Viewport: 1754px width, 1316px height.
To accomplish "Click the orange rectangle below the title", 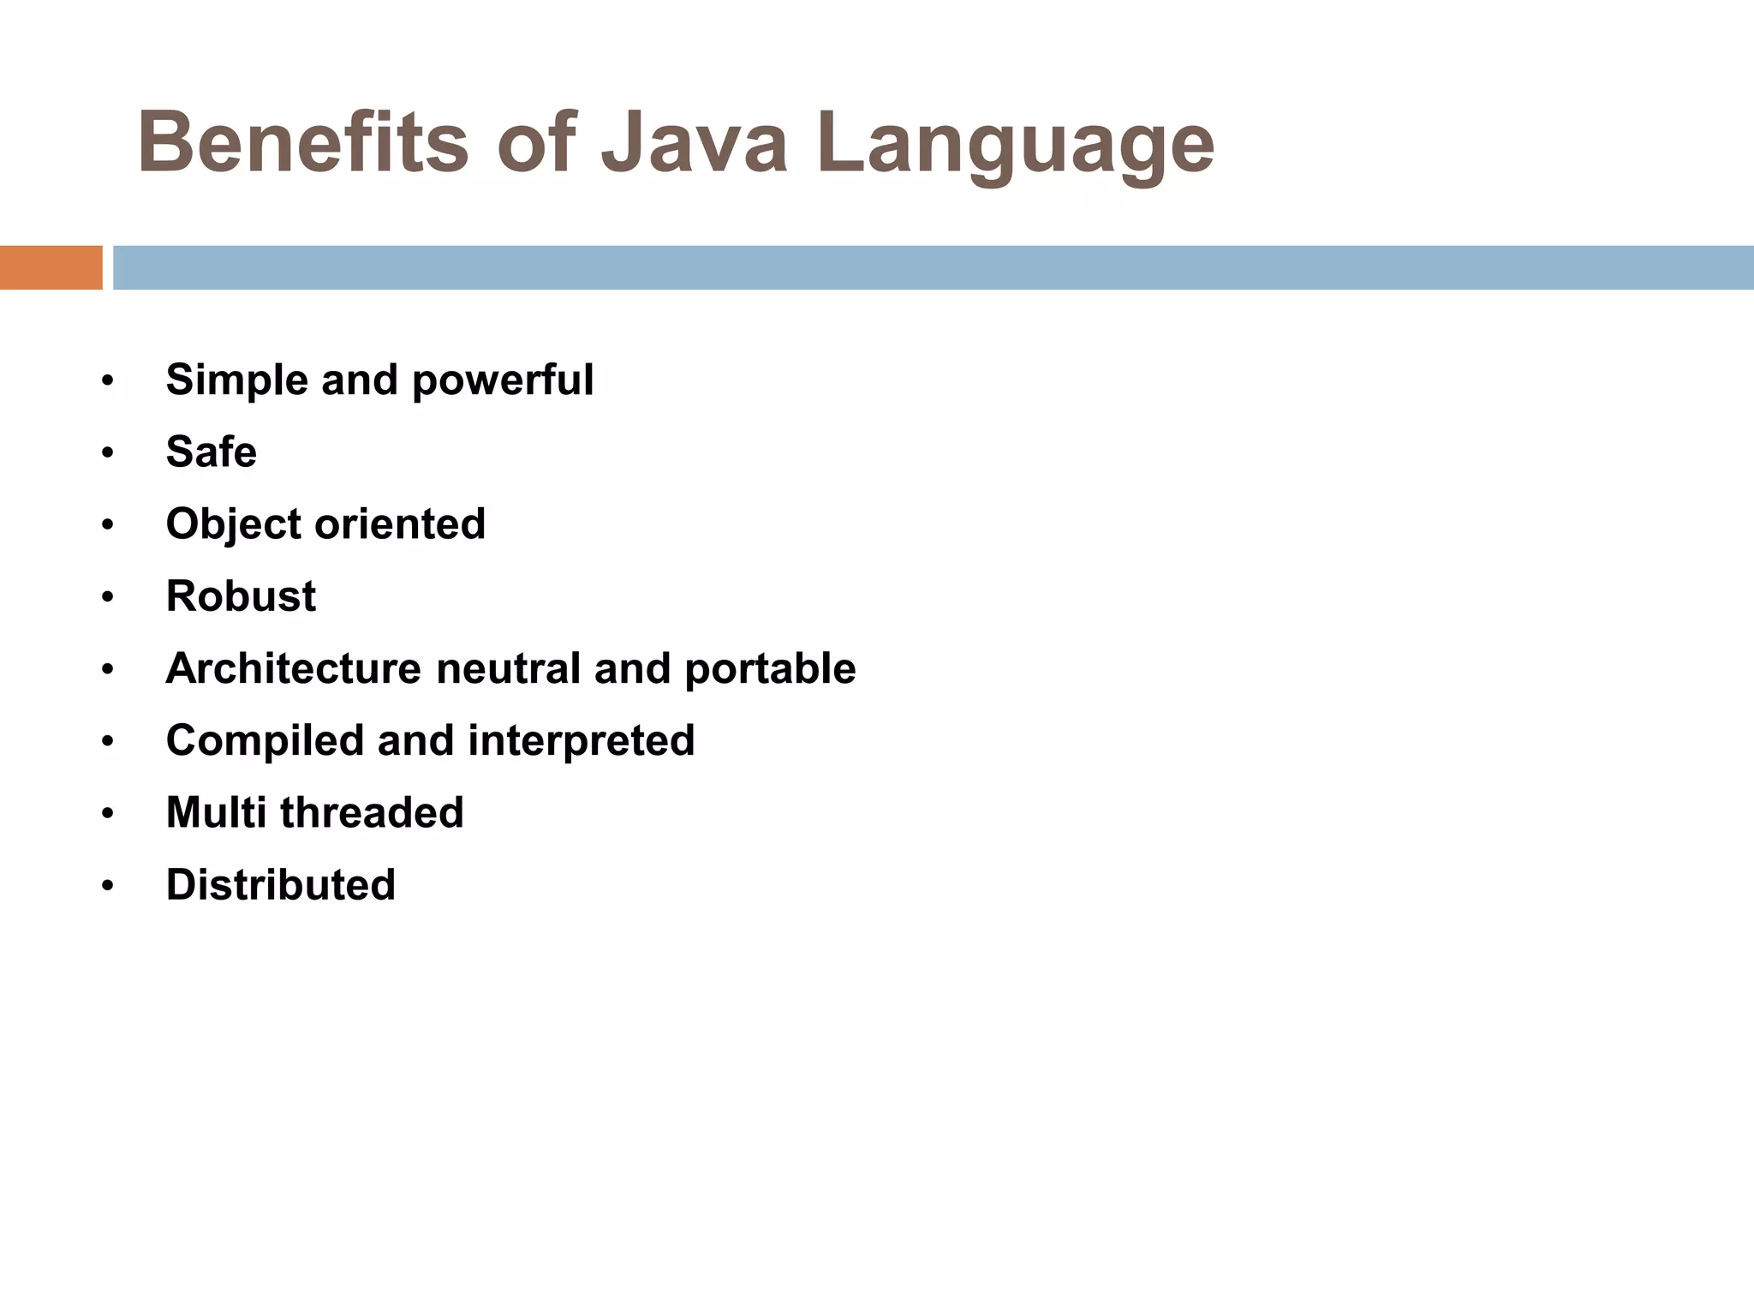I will click(51, 267).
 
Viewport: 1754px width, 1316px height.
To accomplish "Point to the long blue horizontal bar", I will click(933, 267).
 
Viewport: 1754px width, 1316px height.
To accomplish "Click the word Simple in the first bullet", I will click(236, 380).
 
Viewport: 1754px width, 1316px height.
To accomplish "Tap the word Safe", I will click(211, 452).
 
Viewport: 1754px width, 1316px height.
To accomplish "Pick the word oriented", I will click(400, 523).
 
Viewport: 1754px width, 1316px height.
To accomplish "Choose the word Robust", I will click(241, 595).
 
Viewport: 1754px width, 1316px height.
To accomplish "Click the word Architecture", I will click(294, 668).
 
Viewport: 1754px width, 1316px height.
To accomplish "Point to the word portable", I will click(770, 668).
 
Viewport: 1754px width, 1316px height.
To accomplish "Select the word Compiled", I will click(265, 741).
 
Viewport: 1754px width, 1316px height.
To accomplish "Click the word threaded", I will click(372, 812).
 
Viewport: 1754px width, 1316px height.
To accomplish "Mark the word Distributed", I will click(280, 885).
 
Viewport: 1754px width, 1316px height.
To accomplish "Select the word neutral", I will click(508, 668).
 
